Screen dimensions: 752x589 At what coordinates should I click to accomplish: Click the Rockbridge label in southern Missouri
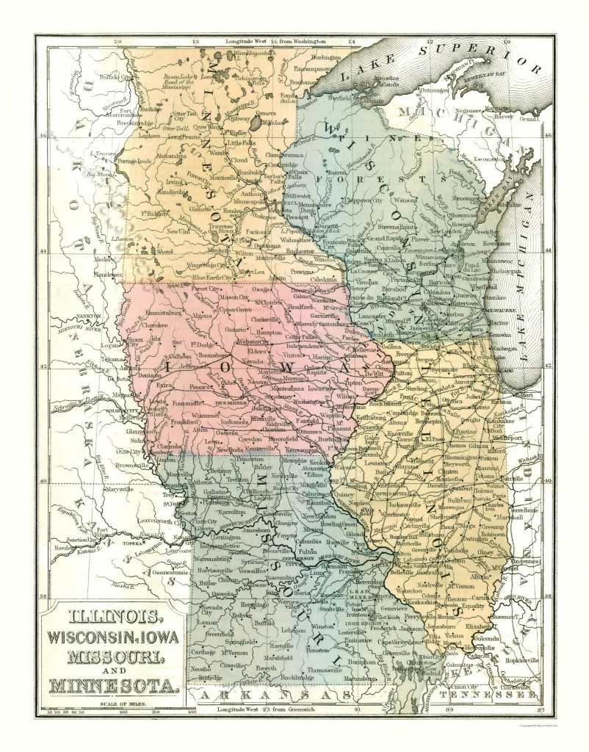[296, 676]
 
